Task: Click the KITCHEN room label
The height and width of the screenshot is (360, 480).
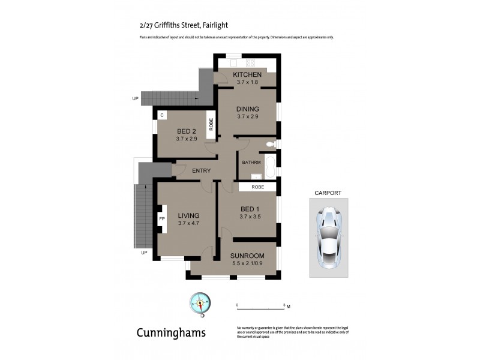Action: [247, 74]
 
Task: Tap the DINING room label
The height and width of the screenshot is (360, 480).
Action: [247, 109]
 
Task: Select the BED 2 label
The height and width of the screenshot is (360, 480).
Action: [187, 131]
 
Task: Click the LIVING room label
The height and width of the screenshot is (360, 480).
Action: [188, 215]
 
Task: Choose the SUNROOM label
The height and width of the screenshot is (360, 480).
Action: [247, 255]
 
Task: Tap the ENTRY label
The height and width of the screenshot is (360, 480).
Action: [201, 170]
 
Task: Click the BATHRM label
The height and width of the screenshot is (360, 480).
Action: [251, 163]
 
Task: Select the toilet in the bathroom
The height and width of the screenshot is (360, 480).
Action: [271, 144]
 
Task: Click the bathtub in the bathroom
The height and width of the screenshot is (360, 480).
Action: [271, 164]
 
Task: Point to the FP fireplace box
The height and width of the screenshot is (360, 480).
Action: [162, 219]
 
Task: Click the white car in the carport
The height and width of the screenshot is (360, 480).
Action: [328, 236]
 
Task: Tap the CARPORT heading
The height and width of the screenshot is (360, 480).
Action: [328, 193]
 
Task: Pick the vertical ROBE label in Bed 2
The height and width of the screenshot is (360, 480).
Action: [211, 124]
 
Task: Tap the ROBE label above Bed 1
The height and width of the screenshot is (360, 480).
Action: [257, 187]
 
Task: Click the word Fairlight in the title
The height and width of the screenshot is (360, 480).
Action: [210, 25]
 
